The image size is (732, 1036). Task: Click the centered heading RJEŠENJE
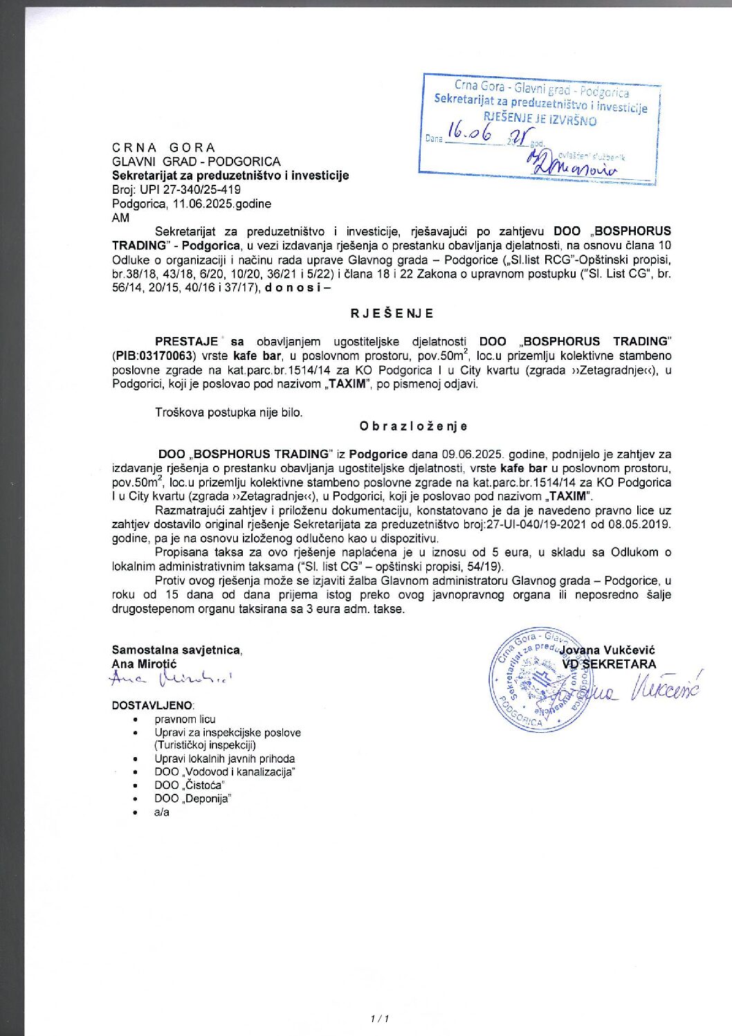coord(392,313)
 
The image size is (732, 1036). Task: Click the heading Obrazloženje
coord(413,426)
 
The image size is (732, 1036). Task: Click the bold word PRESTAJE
coord(187,342)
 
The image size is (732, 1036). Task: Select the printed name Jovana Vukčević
coord(607,651)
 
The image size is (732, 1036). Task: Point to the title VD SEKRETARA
coord(609,664)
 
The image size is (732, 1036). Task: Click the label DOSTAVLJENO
coord(153,705)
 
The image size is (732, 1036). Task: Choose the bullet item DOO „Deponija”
coord(192,799)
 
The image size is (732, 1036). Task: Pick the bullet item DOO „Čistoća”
coord(189,785)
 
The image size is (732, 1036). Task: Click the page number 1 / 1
coord(380,1019)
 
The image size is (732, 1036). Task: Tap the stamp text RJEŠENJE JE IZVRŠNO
coord(540,120)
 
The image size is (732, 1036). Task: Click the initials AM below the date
coord(120,218)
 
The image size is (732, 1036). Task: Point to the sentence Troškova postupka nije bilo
coord(228,412)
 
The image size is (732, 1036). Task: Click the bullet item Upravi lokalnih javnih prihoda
coord(224,759)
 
